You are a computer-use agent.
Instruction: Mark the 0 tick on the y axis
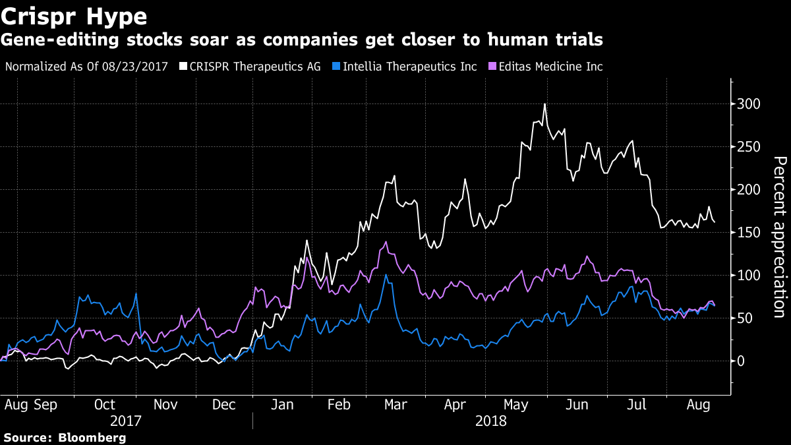[743, 361]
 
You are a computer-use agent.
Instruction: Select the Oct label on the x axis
[105, 403]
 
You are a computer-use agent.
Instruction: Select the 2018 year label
[491, 420]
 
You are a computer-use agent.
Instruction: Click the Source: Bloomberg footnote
[65, 437]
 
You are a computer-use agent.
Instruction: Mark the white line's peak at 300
[544, 104]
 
